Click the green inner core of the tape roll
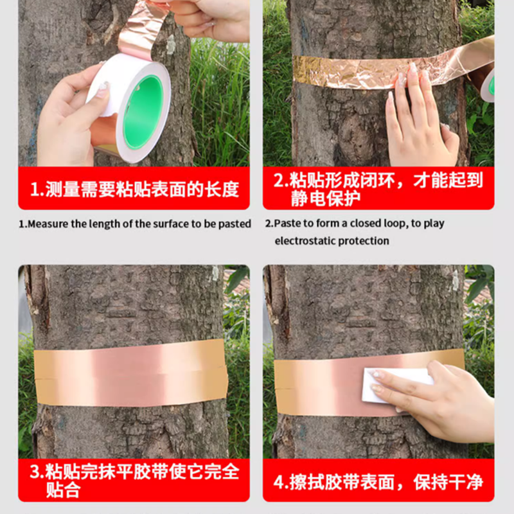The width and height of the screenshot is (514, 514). tap(143, 111)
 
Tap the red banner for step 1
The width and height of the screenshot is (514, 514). tap(134, 188)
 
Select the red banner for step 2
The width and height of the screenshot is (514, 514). tap(378, 188)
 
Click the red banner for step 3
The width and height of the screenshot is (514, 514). tap(134, 481)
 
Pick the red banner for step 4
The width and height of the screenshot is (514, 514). tap(378, 481)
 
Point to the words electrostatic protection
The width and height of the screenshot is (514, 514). tap(332, 241)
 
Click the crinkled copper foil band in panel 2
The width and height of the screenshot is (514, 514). tap(347, 73)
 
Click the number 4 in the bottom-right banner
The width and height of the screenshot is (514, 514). tap(281, 481)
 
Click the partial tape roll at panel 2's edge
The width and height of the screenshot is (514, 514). tap(488, 84)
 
